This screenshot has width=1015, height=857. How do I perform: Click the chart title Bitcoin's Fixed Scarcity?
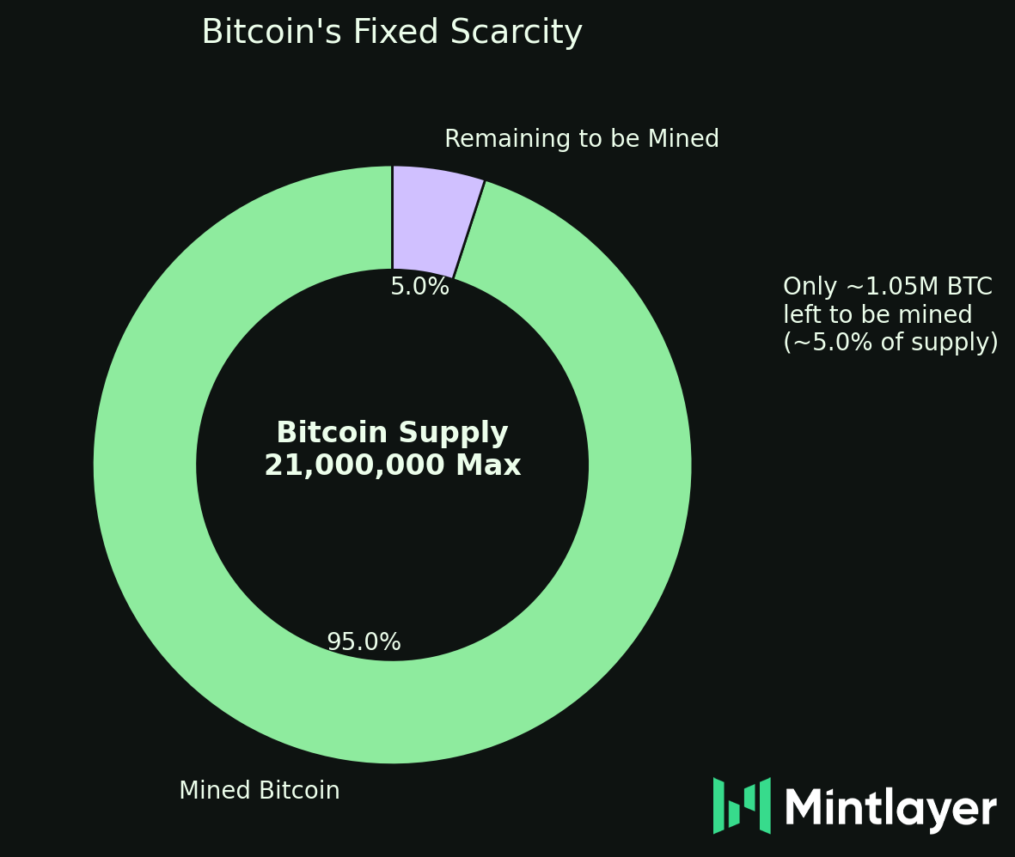pos(392,33)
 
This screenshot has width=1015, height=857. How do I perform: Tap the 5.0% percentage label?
pos(419,287)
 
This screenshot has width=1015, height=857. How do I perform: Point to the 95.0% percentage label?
pos(364,642)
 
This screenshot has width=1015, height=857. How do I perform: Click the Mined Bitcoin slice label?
pos(259,791)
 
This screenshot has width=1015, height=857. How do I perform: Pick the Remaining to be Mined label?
pos(581,139)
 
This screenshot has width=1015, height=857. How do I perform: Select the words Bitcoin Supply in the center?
pos(392,433)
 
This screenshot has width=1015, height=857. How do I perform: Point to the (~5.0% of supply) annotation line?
pos(890,343)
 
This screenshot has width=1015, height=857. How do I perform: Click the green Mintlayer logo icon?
pos(741,805)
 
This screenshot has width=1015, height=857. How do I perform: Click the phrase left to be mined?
pos(877,315)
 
